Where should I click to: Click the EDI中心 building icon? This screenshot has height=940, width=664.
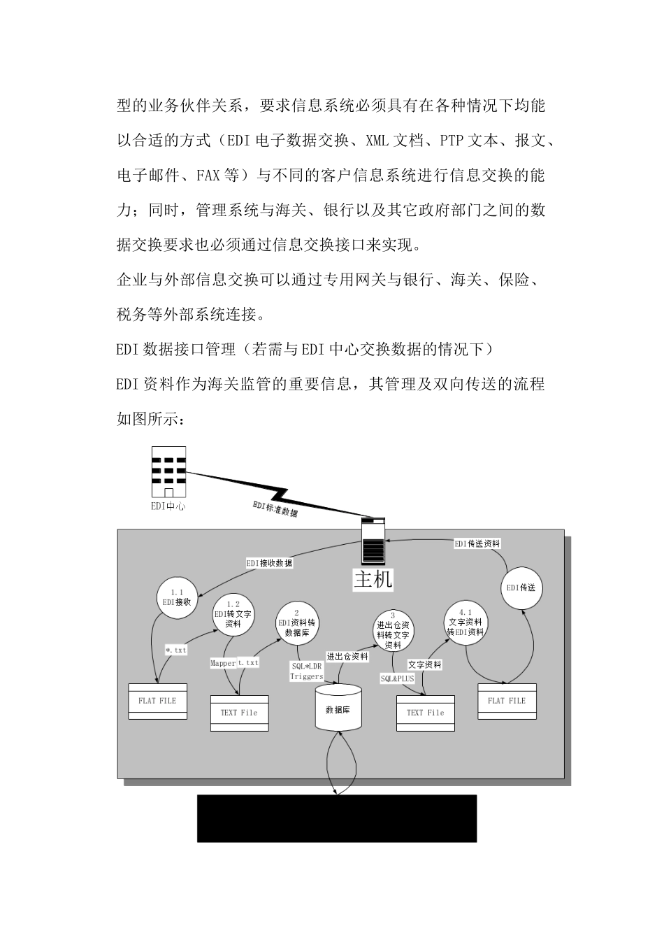pyautogui.click(x=168, y=472)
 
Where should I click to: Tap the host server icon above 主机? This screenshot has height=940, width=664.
pyautogui.click(x=373, y=541)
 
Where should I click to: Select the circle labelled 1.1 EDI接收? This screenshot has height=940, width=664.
pyautogui.click(x=177, y=597)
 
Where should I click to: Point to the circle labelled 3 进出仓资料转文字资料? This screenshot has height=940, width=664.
pyautogui.click(x=393, y=631)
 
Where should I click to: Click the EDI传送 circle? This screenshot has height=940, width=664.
pyautogui.click(x=521, y=587)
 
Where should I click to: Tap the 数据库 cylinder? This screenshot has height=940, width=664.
pyautogui.click(x=338, y=708)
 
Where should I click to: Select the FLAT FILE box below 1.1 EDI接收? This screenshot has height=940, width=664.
pyautogui.click(x=158, y=701)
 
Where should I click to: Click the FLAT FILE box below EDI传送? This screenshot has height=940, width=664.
pyautogui.click(x=507, y=701)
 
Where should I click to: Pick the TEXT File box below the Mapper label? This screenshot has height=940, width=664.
pyautogui.click(x=240, y=713)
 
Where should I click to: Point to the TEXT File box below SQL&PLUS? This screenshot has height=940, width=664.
pyautogui.click(x=426, y=713)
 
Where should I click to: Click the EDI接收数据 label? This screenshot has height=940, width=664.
pyautogui.click(x=269, y=562)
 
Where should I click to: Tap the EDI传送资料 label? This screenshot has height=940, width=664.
pyautogui.click(x=477, y=543)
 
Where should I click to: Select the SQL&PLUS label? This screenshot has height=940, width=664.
pyautogui.click(x=397, y=678)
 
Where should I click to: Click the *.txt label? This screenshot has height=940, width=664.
pyautogui.click(x=175, y=650)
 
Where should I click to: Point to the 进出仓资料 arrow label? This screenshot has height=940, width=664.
pyautogui.click(x=347, y=657)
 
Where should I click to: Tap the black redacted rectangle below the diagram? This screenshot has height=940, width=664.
pyautogui.click(x=337, y=818)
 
